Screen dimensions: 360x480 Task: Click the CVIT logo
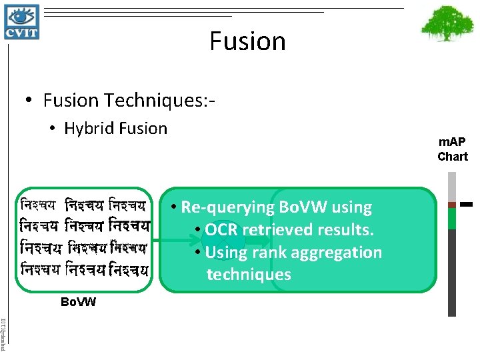click(21, 21)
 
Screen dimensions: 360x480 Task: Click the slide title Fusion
click(247, 41)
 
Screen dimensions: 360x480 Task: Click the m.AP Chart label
click(453, 149)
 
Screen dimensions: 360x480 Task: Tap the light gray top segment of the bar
click(452, 186)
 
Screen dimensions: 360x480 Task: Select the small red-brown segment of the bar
click(452, 205)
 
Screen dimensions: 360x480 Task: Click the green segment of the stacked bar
click(452, 219)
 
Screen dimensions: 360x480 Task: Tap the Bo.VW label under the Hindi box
click(78, 302)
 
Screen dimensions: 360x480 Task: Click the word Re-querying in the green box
click(224, 207)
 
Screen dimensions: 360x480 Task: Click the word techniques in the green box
click(249, 275)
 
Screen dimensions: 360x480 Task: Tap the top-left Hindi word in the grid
click(38, 202)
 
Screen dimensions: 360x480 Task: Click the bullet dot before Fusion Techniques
click(29, 101)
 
